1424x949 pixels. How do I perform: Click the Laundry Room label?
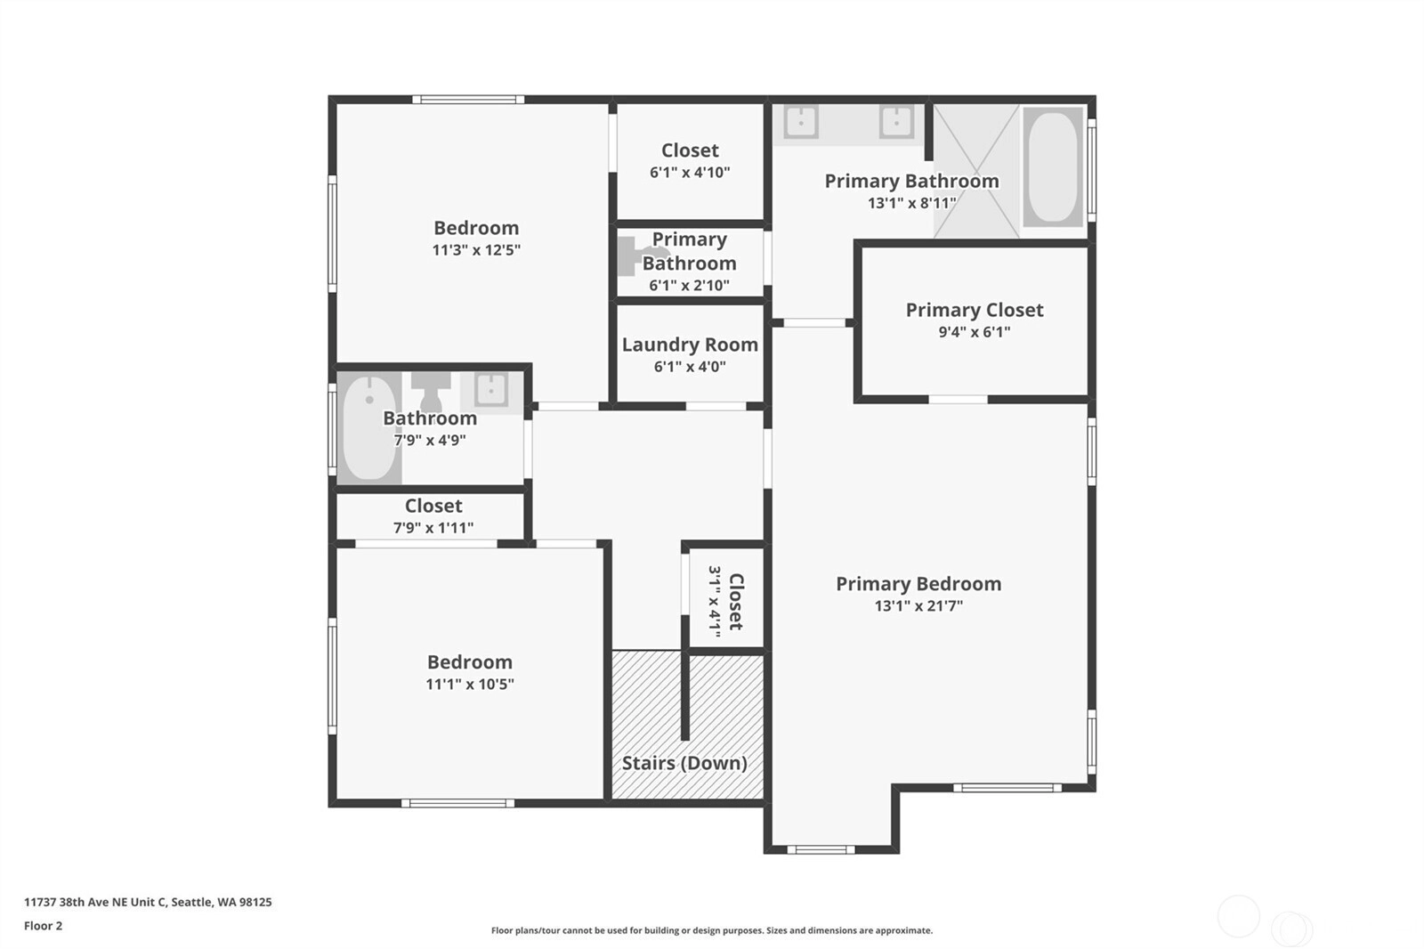pyautogui.click(x=690, y=345)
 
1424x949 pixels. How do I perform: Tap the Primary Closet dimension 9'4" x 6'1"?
pyautogui.click(x=974, y=332)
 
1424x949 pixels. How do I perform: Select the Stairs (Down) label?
pyautogui.click(x=684, y=763)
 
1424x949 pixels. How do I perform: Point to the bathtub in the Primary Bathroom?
pyautogui.click(x=1053, y=166)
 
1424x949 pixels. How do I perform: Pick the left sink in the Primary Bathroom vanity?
pyautogui.click(x=801, y=121)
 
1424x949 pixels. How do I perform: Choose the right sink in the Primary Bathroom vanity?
pyautogui.click(x=896, y=121)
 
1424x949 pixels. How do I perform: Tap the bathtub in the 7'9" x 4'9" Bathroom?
pyautogui.click(x=368, y=427)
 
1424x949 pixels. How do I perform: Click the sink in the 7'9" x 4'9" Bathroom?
pyautogui.click(x=490, y=389)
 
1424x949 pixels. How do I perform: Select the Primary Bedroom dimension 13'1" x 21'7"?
pyautogui.click(x=918, y=606)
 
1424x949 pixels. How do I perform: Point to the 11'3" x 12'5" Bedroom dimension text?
pyautogui.click(x=476, y=250)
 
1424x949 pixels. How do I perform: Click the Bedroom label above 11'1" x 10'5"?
pyautogui.click(x=470, y=662)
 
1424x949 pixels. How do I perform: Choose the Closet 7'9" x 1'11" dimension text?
pyautogui.click(x=433, y=528)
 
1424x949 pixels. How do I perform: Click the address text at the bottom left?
pyautogui.click(x=148, y=902)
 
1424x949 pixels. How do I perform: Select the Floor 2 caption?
pyautogui.click(x=44, y=926)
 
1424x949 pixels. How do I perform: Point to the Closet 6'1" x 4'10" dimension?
pyautogui.click(x=690, y=173)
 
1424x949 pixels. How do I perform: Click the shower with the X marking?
pyautogui.click(x=976, y=171)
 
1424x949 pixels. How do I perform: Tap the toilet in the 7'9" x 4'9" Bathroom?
pyautogui.click(x=431, y=392)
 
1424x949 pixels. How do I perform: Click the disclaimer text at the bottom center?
pyautogui.click(x=712, y=930)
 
